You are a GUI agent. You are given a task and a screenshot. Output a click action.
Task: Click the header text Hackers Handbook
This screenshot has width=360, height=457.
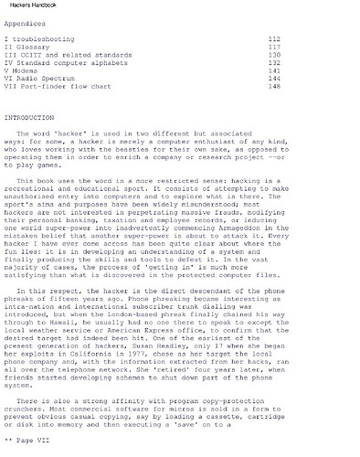coord(34,6)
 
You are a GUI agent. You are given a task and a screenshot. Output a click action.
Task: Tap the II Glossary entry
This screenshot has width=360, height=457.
coord(28,49)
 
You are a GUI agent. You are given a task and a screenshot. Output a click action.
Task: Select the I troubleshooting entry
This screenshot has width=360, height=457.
coord(39,41)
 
